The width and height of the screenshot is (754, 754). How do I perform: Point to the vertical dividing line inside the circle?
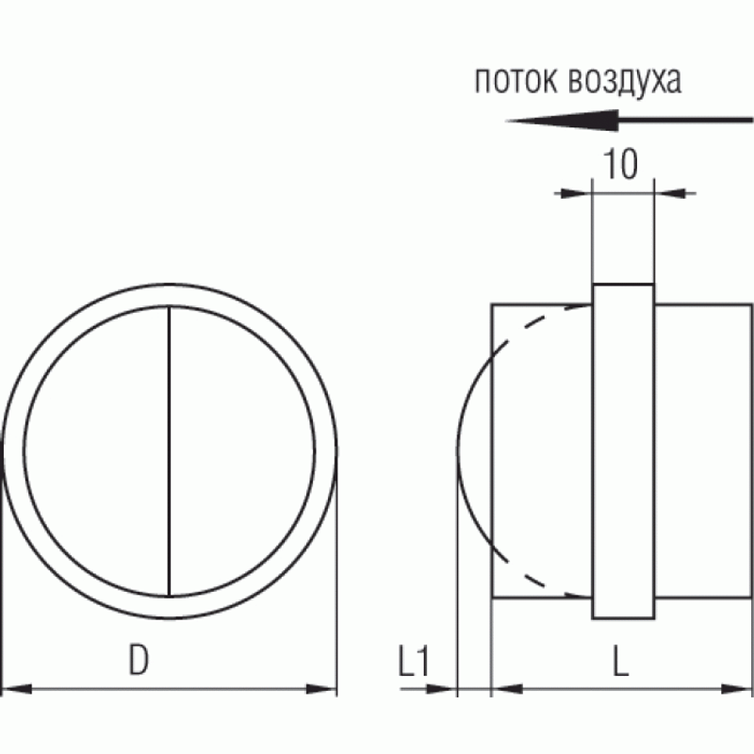tap(169, 452)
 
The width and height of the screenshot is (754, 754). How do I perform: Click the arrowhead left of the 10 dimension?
tap(576, 194)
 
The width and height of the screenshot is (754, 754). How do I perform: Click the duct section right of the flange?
tap(702, 452)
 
